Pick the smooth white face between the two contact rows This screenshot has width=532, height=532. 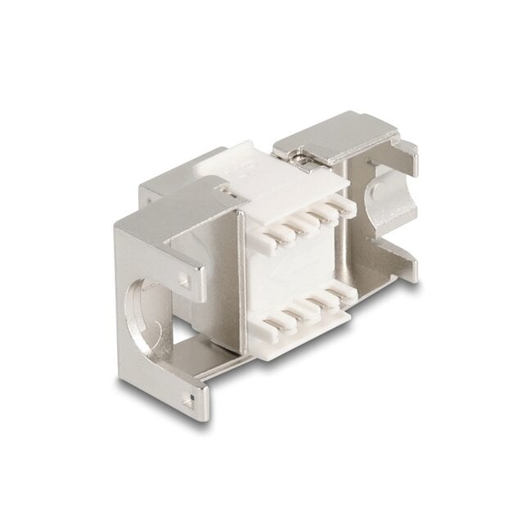(303, 274)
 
